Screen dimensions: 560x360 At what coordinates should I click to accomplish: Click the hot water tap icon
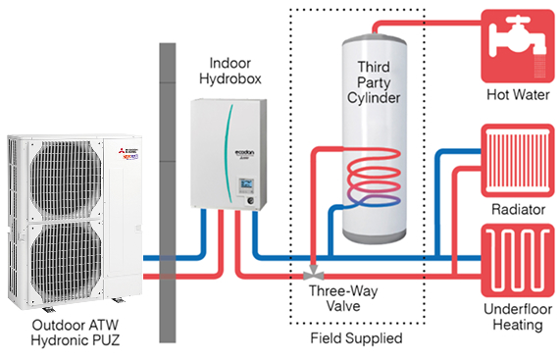(x=518, y=46)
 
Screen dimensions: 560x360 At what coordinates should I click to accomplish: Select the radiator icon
(x=518, y=161)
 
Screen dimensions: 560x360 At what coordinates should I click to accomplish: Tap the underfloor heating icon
(x=518, y=260)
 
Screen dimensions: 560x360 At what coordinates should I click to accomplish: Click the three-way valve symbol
(x=314, y=274)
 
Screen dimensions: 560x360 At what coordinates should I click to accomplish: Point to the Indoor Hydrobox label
(x=230, y=71)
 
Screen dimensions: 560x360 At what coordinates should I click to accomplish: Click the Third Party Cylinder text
(x=374, y=82)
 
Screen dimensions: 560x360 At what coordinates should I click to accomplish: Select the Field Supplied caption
(x=356, y=337)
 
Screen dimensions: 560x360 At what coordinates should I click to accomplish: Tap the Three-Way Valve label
(x=343, y=298)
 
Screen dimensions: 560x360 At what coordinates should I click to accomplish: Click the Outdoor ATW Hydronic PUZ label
(x=76, y=333)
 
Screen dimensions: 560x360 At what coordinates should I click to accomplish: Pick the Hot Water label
(x=518, y=94)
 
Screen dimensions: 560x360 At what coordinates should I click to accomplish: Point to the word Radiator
(x=518, y=209)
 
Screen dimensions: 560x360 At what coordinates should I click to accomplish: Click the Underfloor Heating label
(x=518, y=317)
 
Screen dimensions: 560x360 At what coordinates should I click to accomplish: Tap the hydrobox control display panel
(x=246, y=185)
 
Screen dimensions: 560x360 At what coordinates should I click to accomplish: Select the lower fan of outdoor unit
(x=66, y=262)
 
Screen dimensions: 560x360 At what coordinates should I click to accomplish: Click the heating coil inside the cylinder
(x=374, y=178)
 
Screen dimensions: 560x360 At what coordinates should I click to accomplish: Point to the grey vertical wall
(x=168, y=193)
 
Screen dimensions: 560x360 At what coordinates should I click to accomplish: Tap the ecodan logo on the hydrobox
(x=244, y=153)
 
